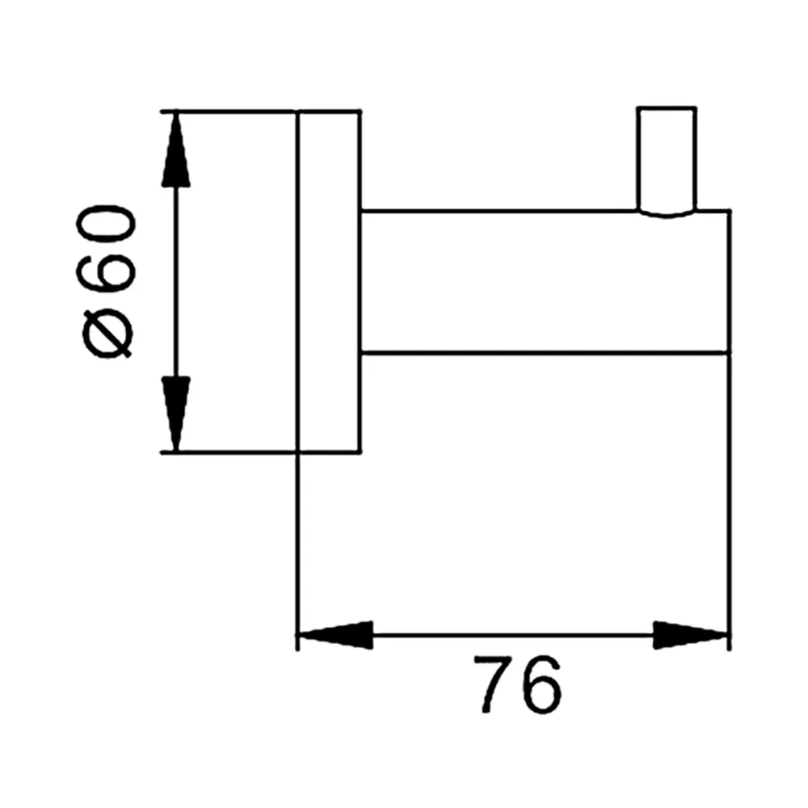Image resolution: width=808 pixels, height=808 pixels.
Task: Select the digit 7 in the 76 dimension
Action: click(495, 684)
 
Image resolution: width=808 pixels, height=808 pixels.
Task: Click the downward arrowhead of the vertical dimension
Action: click(176, 413)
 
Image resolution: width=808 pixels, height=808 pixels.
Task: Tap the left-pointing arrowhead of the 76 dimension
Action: click(335, 635)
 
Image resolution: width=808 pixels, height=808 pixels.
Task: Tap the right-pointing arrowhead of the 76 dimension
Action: click(691, 635)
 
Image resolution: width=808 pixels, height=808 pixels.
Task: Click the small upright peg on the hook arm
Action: click(667, 161)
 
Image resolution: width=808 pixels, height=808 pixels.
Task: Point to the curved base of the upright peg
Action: click(667, 213)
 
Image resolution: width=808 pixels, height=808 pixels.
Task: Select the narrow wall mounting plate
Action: click(329, 281)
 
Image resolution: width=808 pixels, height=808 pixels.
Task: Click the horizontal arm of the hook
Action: click(545, 282)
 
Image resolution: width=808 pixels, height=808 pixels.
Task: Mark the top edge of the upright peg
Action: click(667, 107)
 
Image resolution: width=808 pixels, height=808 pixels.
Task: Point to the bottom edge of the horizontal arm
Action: click(545, 353)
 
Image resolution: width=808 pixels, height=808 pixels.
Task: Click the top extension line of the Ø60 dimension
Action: click(228, 111)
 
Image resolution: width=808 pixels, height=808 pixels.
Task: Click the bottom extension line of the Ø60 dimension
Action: click(228, 452)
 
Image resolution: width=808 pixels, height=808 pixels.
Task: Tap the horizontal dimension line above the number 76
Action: click(513, 635)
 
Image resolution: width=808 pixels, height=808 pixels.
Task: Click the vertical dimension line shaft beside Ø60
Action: click(176, 282)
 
